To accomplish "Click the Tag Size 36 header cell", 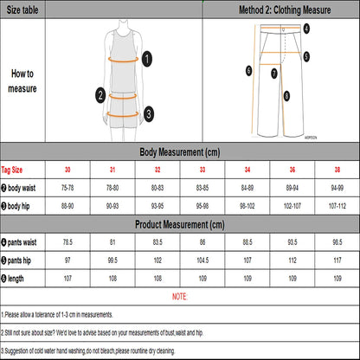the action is pyautogui.click(x=292, y=170).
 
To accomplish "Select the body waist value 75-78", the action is pyautogui.click(x=67, y=188).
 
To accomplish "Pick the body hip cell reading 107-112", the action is pyautogui.click(x=337, y=206).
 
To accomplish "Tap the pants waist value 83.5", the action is pyautogui.click(x=157, y=242).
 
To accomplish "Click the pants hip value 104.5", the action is pyautogui.click(x=202, y=260).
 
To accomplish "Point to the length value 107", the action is pyautogui.click(x=67, y=279).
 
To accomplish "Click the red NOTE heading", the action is pyautogui.click(x=179, y=297).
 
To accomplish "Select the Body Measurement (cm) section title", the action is pyautogui.click(x=180, y=152).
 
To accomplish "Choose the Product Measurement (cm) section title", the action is pyautogui.click(x=180, y=224).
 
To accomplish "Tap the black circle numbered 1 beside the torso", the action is pyautogui.click(x=147, y=59).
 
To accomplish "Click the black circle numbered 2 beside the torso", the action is pyautogui.click(x=100, y=95).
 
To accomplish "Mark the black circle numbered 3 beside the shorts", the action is pyautogui.click(x=149, y=113).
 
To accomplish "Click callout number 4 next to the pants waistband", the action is pyautogui.click(x=306, y=29).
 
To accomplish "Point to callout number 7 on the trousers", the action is pyautogui.click(x=274, y=74).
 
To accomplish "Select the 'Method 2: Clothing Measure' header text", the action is pyautogui.click(x=285, y=10).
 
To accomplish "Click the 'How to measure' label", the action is pyautogui.click(x=22, y=81).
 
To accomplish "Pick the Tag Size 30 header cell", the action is pyautogui.click(x=67, y=170).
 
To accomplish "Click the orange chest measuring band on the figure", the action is pyautogui.click(x=123, y=60).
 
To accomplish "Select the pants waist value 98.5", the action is pyautogui.click(x=337, y=242).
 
